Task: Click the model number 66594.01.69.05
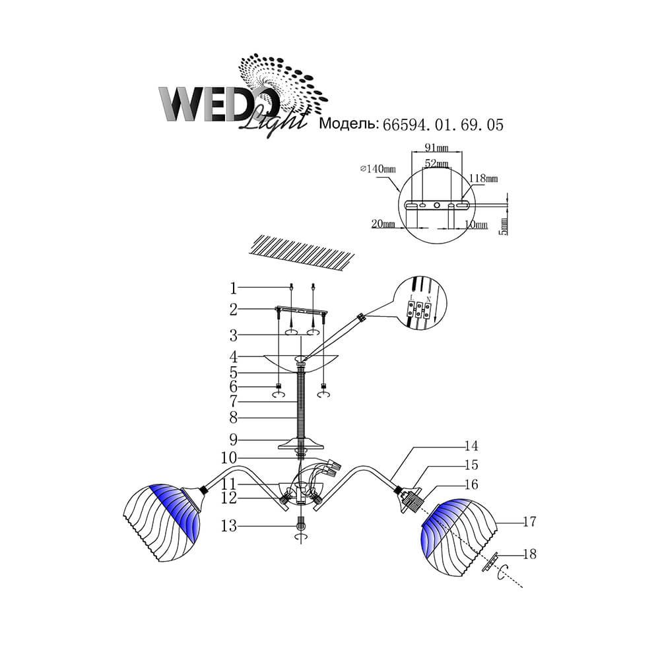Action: coord(443,125)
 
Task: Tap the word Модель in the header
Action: coord(349,124)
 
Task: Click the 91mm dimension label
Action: coord(436,148)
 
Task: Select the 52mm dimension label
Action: coord(436,163)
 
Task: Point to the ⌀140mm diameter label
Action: coord(378,169)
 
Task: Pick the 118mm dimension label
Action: coord(484,178)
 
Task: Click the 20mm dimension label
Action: coord(383,224)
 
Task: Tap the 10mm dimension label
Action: coord(476,224)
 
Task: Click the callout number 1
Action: coord(233,288)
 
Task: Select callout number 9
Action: coord(233,440)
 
